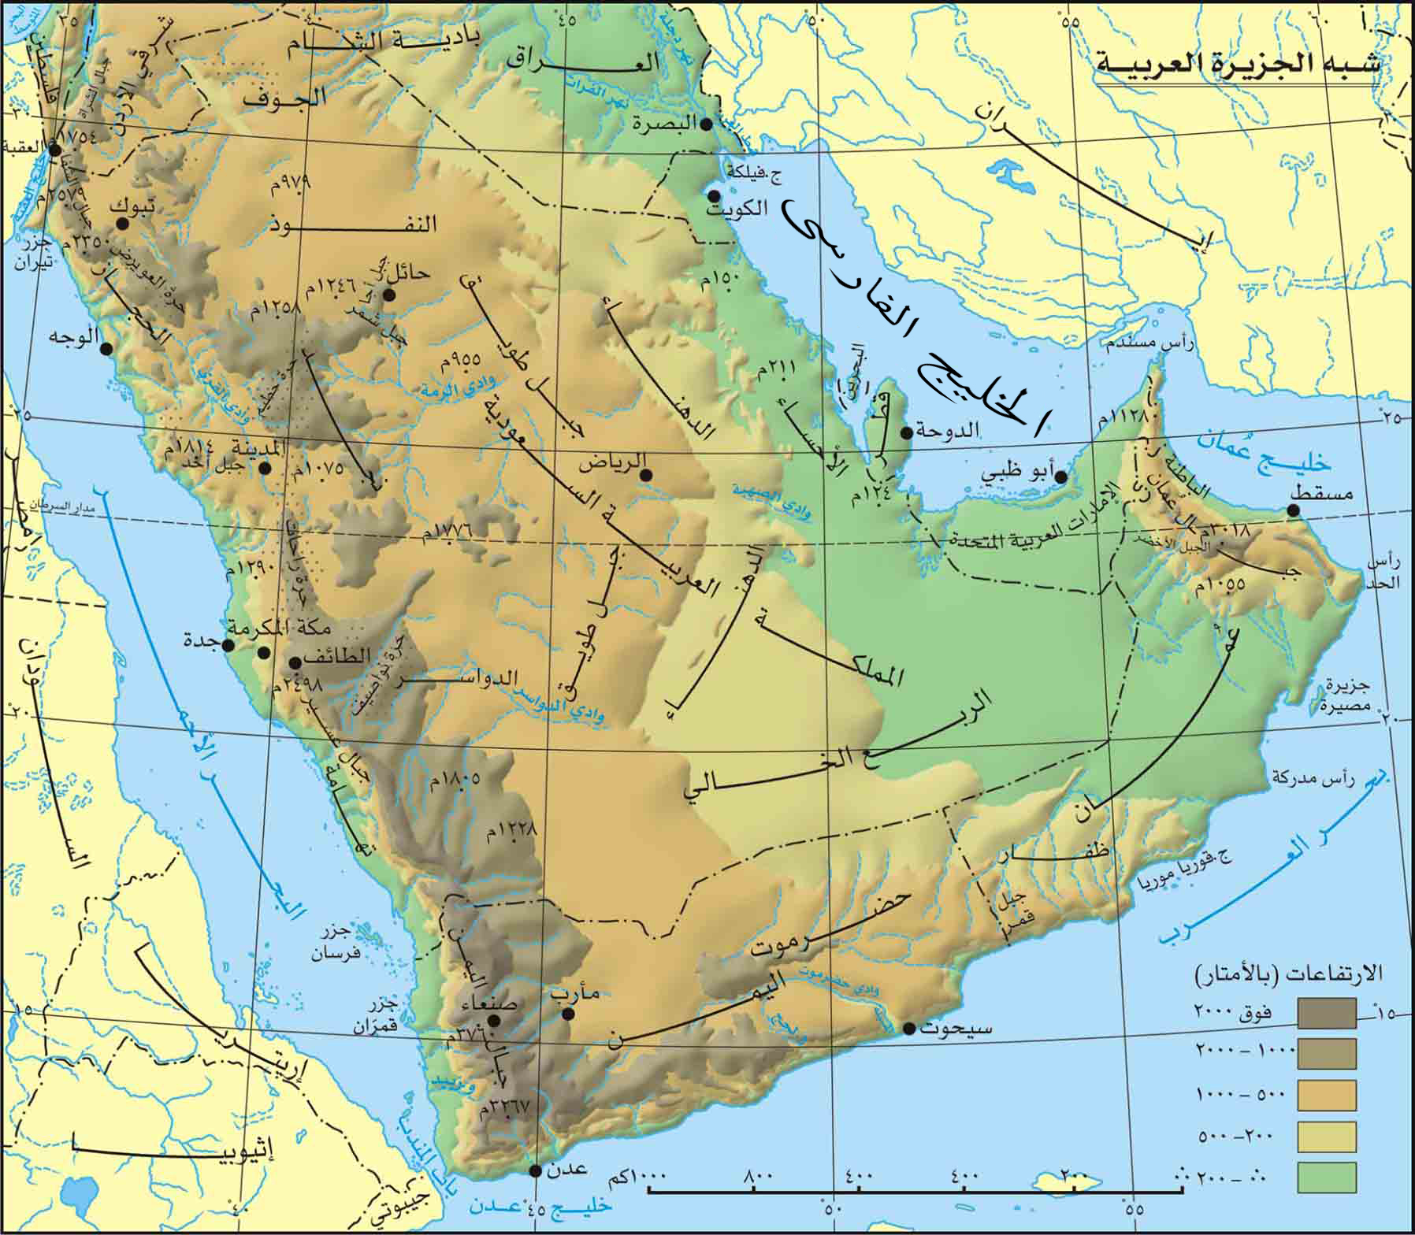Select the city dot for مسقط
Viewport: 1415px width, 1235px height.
pyautogui.click(x=1293, y=510)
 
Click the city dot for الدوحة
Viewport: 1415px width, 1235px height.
pyautogui.click(x=907, y=432)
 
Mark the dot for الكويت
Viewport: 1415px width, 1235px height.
pyautogui.click(x=714, y=195)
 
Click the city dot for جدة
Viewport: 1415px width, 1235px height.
pyautogui.click(x=228, y=646)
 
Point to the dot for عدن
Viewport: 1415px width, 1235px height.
pyautogui.click(x=536, y=1170)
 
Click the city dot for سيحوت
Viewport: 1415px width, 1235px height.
pyautogui.click(x=909, y=1029)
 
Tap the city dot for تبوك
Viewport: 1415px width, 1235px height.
pyautogui.click(x=122, y=223)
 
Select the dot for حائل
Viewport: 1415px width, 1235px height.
pyautogui.click(x=388, y=294)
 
